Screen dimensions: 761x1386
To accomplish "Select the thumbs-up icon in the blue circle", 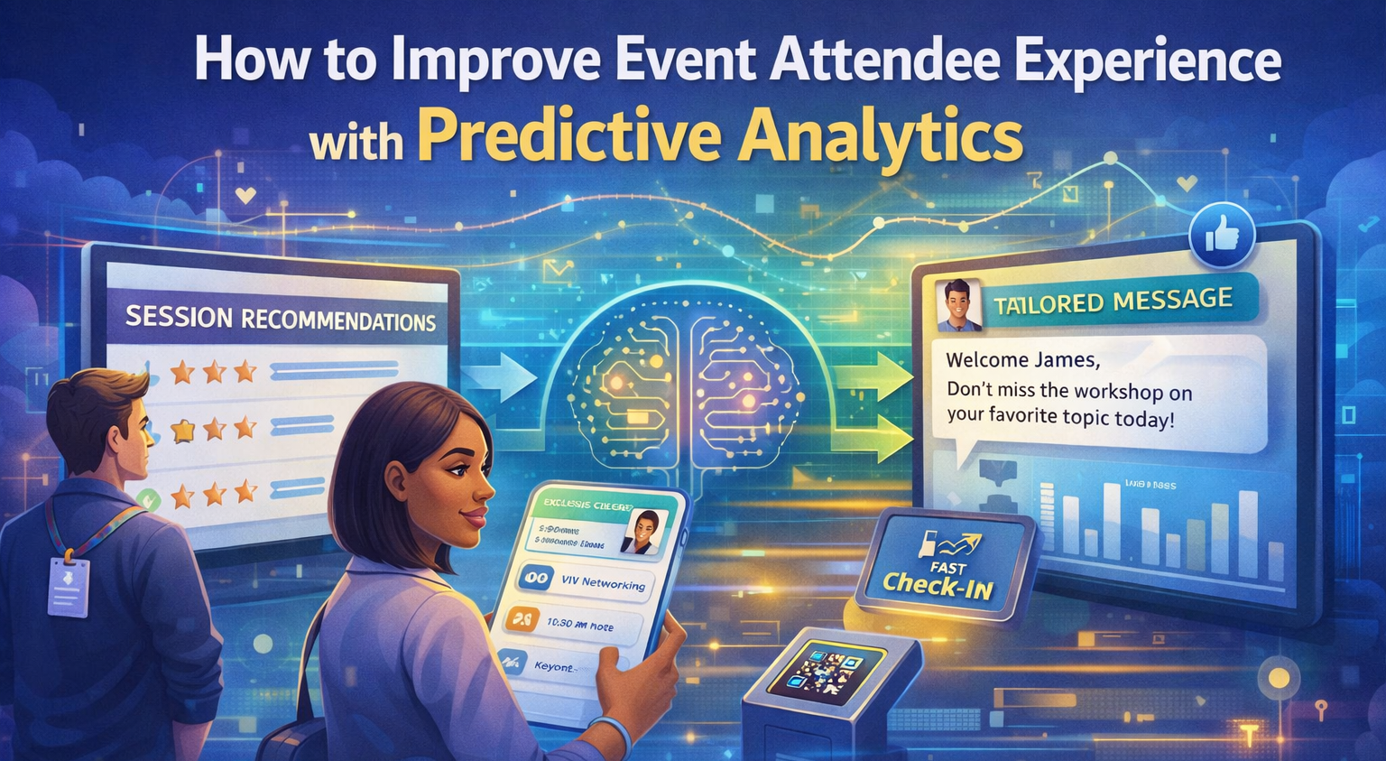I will click(1222, 236).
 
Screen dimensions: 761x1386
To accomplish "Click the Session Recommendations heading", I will click(280, 319).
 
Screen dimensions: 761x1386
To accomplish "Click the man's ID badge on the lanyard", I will click(69, 587).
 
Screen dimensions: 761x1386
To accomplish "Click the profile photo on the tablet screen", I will click(644, 533).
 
